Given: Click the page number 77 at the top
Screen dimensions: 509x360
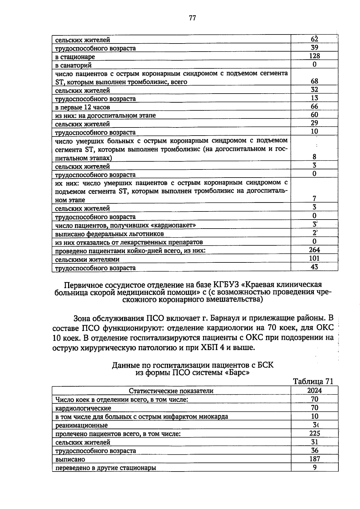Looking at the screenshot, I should (192, 18).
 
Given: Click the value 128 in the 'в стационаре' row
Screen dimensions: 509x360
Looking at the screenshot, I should (314, 56).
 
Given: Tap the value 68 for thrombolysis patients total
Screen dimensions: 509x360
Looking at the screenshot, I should (314, 81).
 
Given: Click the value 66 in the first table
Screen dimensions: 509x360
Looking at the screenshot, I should (314, 106).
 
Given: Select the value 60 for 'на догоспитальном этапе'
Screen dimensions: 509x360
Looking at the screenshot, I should (314, 115).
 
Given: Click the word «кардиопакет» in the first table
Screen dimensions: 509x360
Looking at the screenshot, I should (177, 225).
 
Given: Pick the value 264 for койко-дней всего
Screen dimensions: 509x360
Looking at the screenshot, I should (314, 250).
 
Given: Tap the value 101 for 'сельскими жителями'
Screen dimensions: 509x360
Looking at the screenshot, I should (314, 258).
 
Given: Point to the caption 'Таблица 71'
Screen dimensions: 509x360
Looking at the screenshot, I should (313, 381).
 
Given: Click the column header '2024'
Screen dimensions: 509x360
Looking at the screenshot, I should (314, 390).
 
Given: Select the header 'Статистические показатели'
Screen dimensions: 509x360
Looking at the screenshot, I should (171, 391).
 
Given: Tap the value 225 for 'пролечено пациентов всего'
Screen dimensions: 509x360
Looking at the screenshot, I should (314, 433).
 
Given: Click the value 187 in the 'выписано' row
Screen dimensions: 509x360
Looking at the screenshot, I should (314, 459).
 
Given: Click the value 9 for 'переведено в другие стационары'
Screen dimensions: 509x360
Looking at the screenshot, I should (314, 467).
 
